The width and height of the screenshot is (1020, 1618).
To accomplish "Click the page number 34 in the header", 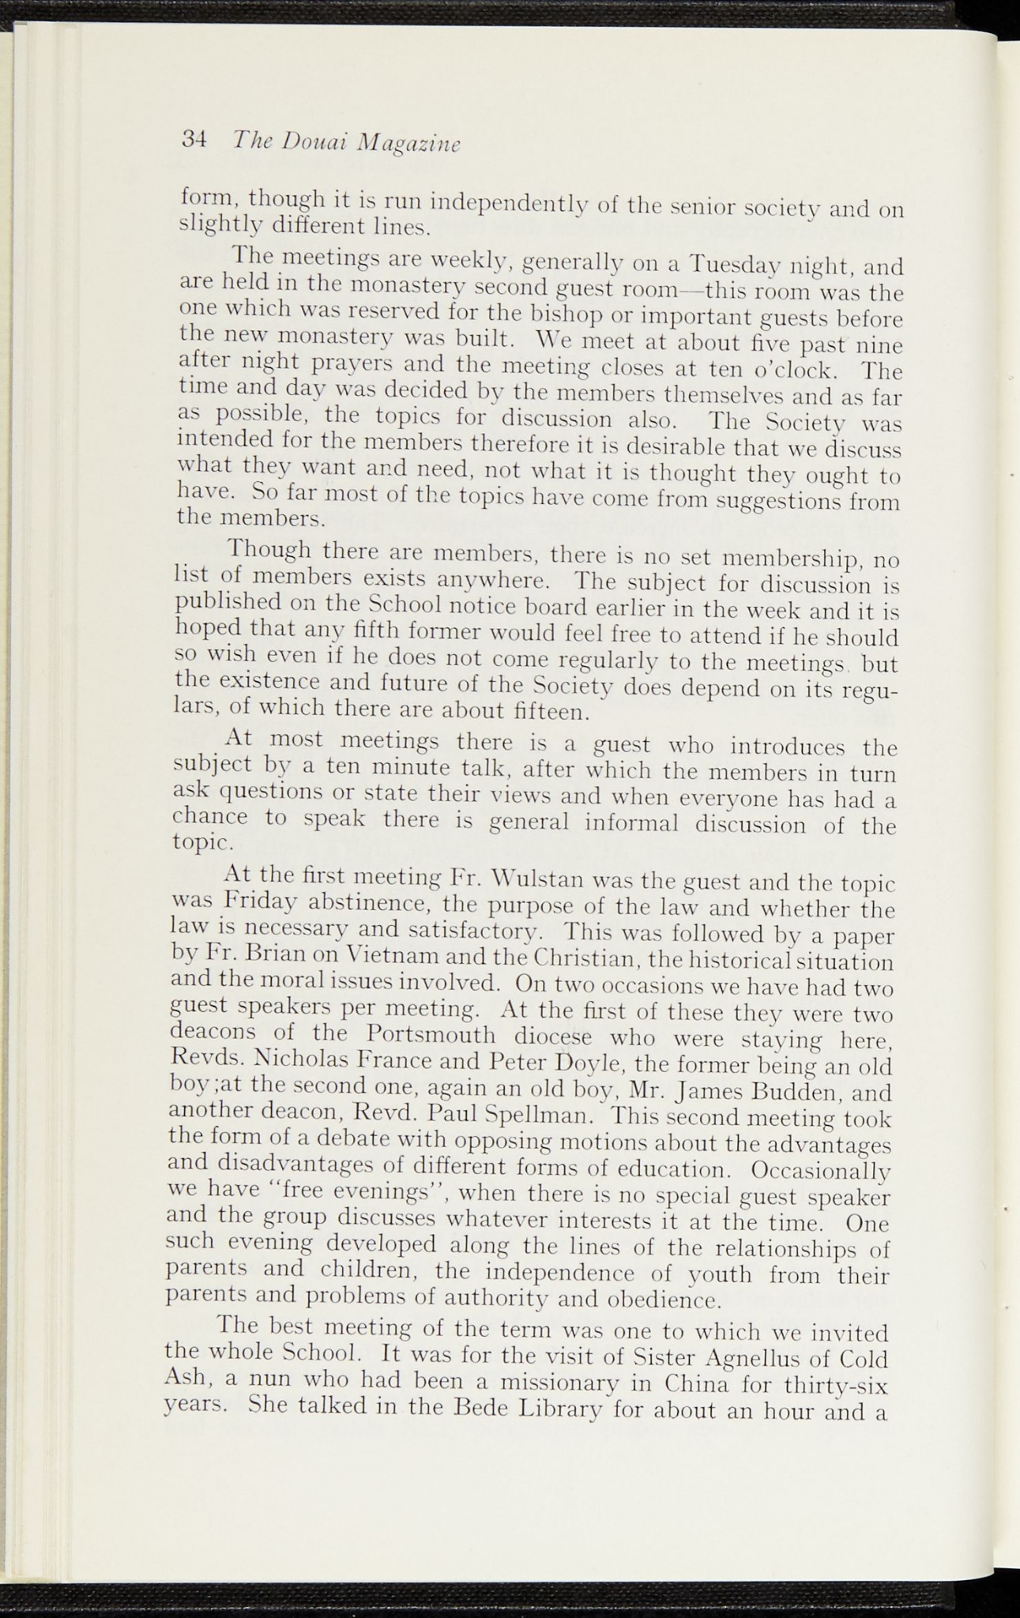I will (194, 139).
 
